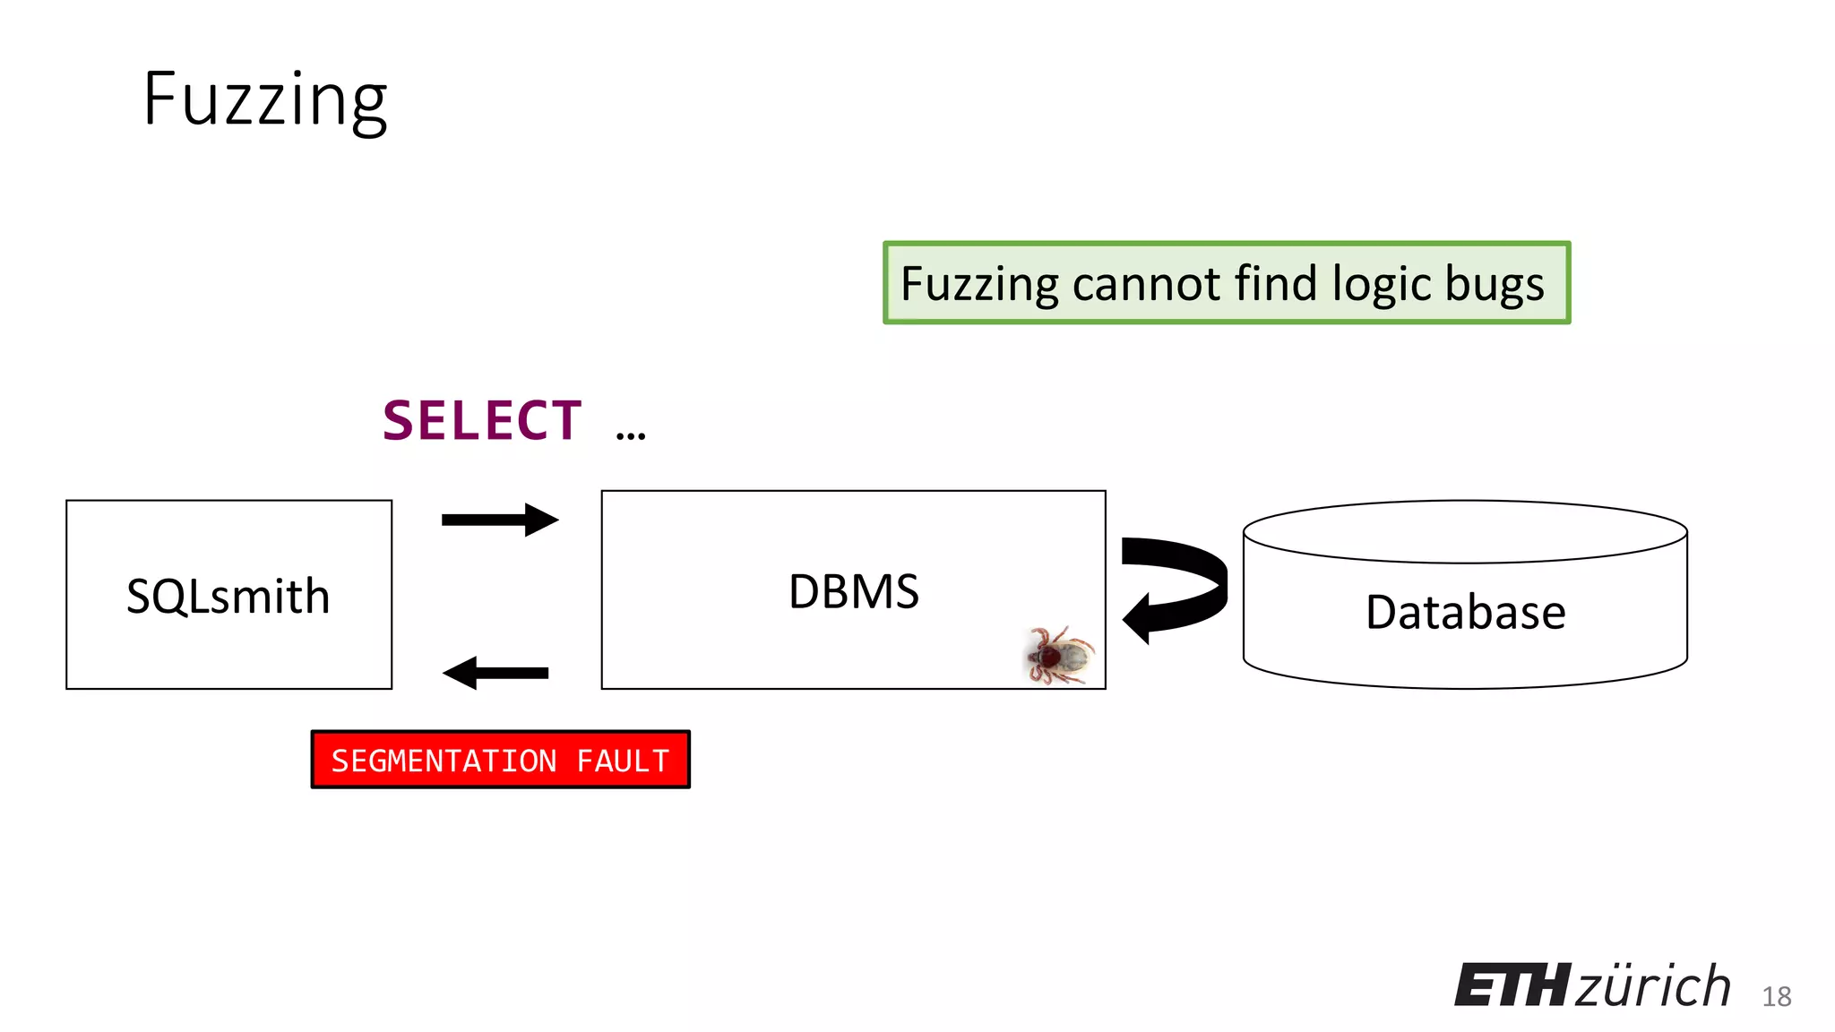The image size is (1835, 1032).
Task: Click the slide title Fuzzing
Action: pyautogui.click(x=265, y=100)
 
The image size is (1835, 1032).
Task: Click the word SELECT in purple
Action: pyautogui.click(x=482, y=421)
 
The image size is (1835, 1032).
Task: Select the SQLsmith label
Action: pyautogui.click(x=228, y=597)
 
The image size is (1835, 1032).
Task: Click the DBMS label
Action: pyautogui.click(x=854, y=592)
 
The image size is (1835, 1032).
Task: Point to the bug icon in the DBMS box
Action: pyautogui.click(x=1059, y=655)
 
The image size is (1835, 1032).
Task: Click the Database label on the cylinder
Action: pyautogui.click(x=1466, y=613)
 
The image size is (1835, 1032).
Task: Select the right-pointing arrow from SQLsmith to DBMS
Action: pyautogui.click(x=500, y=520)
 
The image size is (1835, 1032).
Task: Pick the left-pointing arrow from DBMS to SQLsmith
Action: pyautogui.click(x=495, y=673)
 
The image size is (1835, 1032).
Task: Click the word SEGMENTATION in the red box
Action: pyautogui.click(x=444, y=761)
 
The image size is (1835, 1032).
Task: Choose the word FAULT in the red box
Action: pyautogui.click(x=623, y=761)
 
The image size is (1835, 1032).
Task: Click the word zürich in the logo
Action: pyautogui.click(x=1653, y=986)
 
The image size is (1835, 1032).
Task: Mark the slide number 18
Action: pyautogui.click(x=1777, y=996)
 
